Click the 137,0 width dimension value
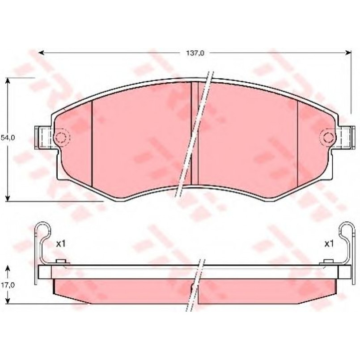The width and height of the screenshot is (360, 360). click(195, 53)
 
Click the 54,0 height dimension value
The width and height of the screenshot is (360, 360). click(8, 138)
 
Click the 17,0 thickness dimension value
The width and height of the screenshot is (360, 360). click(8, 285)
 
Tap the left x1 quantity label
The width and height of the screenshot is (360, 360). click(61, 244)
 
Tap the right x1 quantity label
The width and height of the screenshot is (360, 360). click(329, 244)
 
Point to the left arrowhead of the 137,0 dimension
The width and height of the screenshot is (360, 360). click(41, 53)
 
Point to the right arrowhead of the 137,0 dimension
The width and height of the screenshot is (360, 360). click(348, 53)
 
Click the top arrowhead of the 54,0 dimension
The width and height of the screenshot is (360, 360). click(8, 81)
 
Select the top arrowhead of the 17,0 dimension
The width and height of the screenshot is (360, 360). click(8, 269)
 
